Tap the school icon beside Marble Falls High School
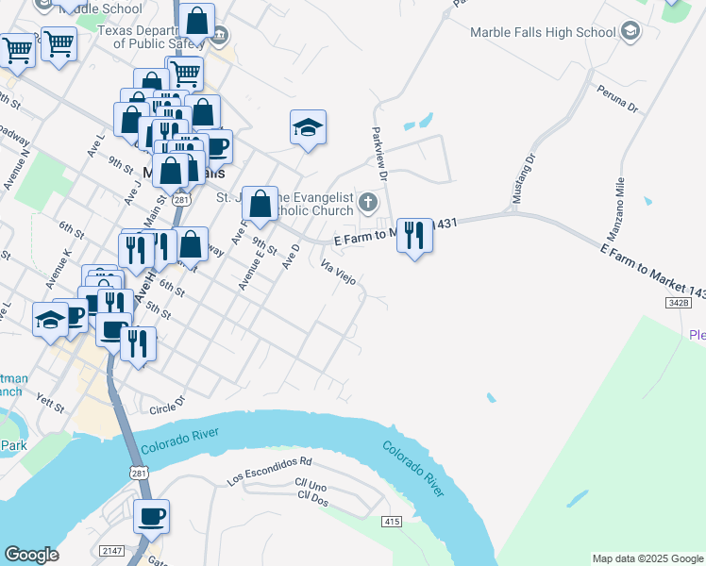(x=630, y=32)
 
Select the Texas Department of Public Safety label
(x=158, y=35)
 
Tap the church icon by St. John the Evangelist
(x=368, y=201)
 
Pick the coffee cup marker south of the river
(x=151, y=515)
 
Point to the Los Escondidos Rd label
(x=269, y=471)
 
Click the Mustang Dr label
(x=523, y=179)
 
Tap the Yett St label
(x=49, y=406)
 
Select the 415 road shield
(x=393, y=522)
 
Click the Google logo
(x=32, y=555)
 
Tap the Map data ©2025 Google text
(x=647, y=558)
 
